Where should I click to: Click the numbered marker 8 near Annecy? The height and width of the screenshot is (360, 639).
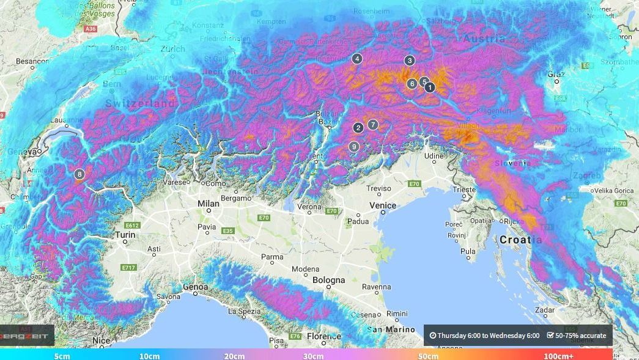click(x=79, y=174)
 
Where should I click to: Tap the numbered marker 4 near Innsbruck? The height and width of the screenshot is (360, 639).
click(x=357, y=59)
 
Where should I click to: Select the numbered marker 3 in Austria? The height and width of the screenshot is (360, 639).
click(x=410, y=61)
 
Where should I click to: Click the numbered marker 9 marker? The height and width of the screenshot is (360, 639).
click(x=354, y=147)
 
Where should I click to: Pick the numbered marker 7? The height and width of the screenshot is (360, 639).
click(x=373, y=125)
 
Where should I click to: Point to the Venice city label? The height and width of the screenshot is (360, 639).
click(x=382, y=205)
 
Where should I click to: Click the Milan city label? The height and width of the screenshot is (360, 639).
click(x=208, y=204)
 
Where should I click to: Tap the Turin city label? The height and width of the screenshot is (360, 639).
click(x=125, y=235)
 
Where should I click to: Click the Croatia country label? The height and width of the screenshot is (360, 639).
click(x=520, y=240)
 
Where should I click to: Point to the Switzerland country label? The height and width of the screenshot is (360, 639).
click(x=140, y=104)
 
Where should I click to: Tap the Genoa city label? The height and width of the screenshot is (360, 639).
click(x=196, y=287)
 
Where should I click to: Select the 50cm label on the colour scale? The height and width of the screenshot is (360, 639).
click(x=428, y=356)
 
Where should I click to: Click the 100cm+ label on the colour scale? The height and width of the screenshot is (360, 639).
click(x=559, y=356)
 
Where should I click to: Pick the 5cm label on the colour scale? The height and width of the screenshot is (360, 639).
click(x=62, y=356)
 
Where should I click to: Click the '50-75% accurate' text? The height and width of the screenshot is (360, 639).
click(x=576, y=336)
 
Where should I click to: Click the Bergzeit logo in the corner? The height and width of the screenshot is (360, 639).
click(x=26, y=336)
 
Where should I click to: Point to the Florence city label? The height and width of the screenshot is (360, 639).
click(x=324, y=337)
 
